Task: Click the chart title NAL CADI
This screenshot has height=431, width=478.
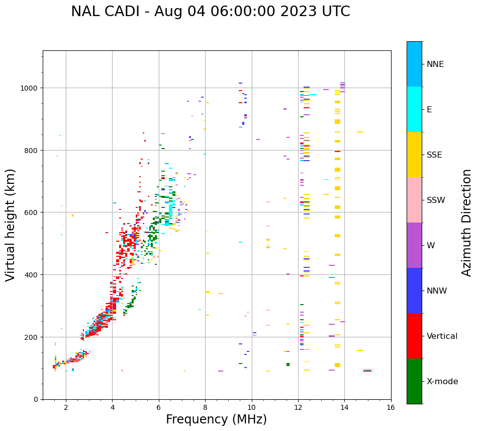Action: click(210, 12)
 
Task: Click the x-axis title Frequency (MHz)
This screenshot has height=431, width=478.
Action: click(216, 419)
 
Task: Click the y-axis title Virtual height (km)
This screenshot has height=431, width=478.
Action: click(11, 225)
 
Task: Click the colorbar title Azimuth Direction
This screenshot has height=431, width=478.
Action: click(467, 223)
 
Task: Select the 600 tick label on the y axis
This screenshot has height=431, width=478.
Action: click(32, 212)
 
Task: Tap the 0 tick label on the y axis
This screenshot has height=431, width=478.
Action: click(35, 399)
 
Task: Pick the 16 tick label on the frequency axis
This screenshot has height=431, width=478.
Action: click(391, 408)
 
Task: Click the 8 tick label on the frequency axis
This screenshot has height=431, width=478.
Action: click(205, 408)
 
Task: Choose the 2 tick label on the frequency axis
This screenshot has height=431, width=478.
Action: click(66, 408)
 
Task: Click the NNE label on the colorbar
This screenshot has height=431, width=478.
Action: click(435, 64)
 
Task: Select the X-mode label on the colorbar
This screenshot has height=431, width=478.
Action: click(442, 382)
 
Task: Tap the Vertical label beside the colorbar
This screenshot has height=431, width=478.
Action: click(442, 336)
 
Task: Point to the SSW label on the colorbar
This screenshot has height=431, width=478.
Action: click(436, 200)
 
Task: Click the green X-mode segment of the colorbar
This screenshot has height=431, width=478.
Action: click(414, 381)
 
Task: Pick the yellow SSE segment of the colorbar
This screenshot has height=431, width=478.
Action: click(414, 155)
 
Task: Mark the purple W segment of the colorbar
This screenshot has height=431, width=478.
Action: click(414, 245)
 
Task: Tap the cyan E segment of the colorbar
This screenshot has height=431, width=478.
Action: click(414, 109)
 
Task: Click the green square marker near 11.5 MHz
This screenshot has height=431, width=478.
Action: click(288, 365)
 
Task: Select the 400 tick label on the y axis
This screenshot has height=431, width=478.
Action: click(32, 275)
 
